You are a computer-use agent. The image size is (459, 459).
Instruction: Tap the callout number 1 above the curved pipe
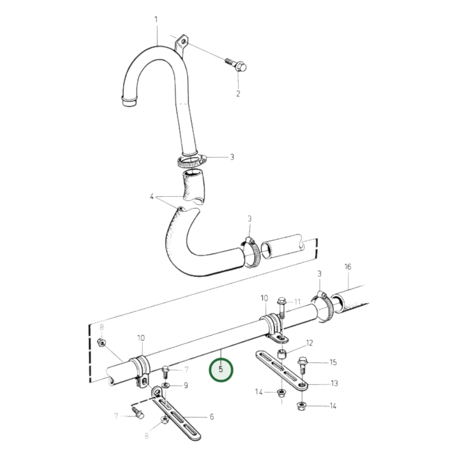[x=156, y=20]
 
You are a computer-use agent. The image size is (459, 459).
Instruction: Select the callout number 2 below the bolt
[x=238, y=94]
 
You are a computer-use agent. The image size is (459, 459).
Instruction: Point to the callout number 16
[x=348, y=267]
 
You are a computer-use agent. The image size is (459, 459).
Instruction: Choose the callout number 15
[x=333, y=362]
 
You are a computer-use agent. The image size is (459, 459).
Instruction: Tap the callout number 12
[x=309, y=343]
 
